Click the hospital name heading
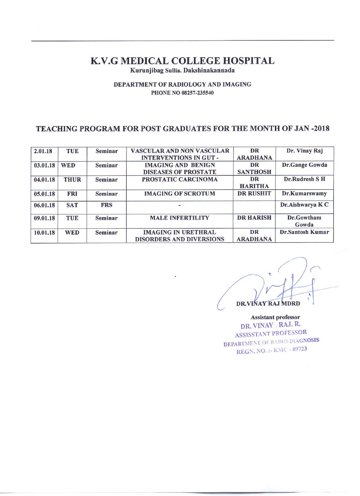click(x=182, y=61)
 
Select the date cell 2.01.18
click(x=43, y=152)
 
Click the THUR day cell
click(x=72, y=180)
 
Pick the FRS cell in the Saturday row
click(x=106, y=205)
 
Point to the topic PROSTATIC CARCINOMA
click(x=180, y=180)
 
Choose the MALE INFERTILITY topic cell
click(x=180, y=218)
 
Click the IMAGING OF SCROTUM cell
click(x=180, y=194)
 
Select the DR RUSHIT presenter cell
click(x=254, y=194)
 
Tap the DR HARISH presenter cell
click(x=254, y=218)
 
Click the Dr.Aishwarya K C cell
click(x=304, y=205)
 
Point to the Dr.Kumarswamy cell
click(x=304, y=194)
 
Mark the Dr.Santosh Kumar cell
click(x=304, y=232)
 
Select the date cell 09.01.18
click(x=44, y=218)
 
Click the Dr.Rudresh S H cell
click(x=304, y=179)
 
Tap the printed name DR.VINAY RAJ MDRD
click(x=268, y=303)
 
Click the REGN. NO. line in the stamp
click(x=271, y=350)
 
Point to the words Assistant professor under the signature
click(x=275, y=317)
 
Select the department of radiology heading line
click(x=182, y=85)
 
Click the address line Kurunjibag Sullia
click(x=182, y=70)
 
